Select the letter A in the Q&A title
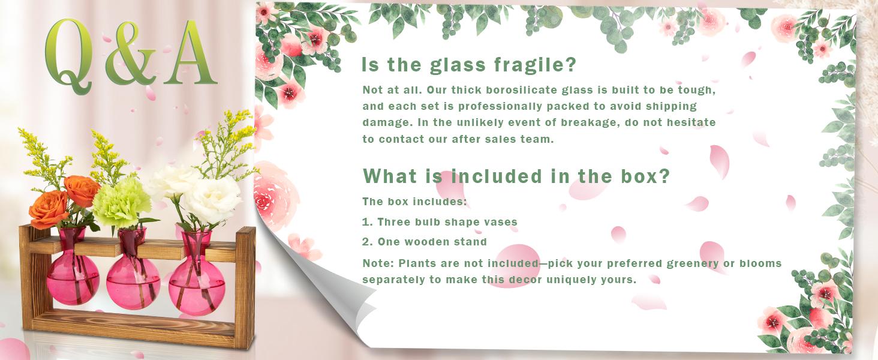(x=190, y=53)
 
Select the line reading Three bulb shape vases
(x=440, y=222)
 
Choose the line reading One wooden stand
(x=425, y=242)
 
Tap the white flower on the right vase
(x=212, y=200)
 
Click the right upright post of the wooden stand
(x=245, y=288)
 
